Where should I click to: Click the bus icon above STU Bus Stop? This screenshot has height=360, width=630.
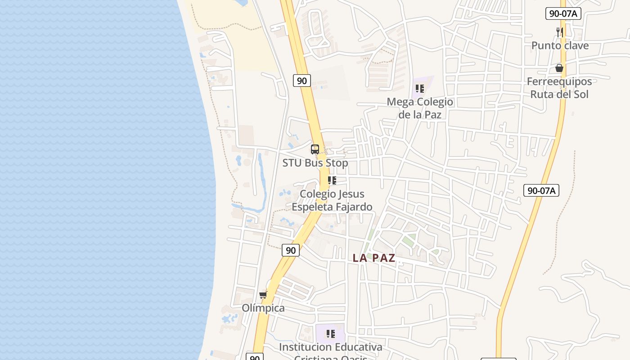click(x=315, y=149)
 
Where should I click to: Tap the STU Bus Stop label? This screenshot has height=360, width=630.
click(x=315, y=163)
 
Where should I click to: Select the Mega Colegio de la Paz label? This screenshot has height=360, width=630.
click(x=420, y=108)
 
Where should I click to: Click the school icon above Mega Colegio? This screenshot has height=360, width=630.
click(x=420, y=88)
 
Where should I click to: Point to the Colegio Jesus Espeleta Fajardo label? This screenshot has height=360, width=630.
click(x=332, y=200)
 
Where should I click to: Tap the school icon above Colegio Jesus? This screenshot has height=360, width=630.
click(x=332, y=180)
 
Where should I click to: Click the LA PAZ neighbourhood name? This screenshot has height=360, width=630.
click(x=374, y=258)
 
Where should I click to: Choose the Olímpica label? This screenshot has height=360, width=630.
click(x=263, y=308)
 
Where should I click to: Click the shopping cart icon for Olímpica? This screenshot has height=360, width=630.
click(x=263, y=295)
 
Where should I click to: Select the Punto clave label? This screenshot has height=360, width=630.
click(x=560, y=45)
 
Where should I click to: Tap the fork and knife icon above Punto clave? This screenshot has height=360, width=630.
click(x=559, y=32)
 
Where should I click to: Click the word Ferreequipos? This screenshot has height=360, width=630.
click(x=559, y=81)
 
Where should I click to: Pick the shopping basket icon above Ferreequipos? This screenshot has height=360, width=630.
click(x=559, y=68)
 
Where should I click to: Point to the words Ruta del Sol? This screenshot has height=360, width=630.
click(x=559, y=94)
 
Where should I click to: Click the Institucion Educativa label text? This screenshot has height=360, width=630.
click(x=330, y=347)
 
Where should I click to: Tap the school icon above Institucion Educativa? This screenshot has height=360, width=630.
click(x=331, y=334)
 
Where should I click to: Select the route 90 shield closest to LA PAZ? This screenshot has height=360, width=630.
click(x=291, y=250)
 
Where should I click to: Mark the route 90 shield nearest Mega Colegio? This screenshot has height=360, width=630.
click(x=302, y=81)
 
